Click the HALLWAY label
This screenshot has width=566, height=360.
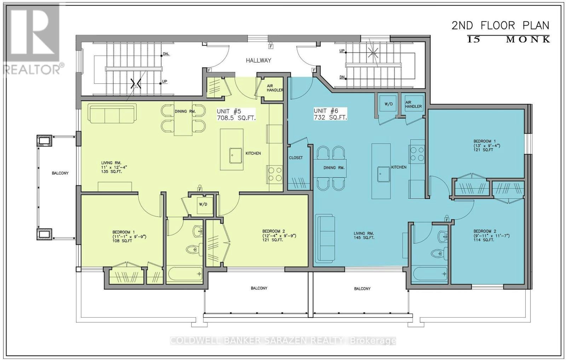coord(259,60)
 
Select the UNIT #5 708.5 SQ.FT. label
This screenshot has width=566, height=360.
coord(236,115)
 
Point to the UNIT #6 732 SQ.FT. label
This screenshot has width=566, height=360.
coord(330,114)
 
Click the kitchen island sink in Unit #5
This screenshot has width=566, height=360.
coord(236,156)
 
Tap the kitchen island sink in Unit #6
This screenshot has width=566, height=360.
coord(384,174)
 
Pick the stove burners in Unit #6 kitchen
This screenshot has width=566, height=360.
coord(417,154)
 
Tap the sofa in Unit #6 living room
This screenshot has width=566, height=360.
coord(325,238)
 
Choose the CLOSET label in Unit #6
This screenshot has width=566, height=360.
coord(296,158)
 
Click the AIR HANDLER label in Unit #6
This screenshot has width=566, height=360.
coord(414,104)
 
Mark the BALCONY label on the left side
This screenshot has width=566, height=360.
coord(60,173)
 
